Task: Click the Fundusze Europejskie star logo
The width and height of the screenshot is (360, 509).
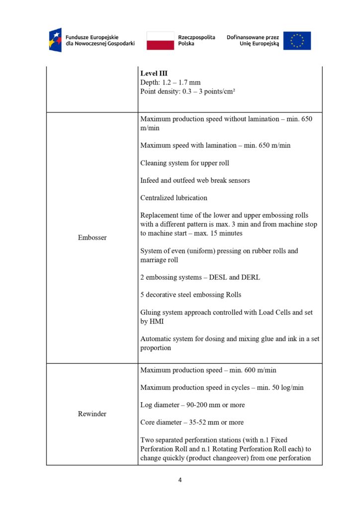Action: click(55, 40)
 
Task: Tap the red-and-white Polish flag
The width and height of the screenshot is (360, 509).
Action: click(160, 40)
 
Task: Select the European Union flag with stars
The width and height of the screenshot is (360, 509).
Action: click(297, 41)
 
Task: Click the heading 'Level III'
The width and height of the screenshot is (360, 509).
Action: click(154, 74)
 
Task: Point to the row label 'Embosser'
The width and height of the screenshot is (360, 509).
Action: click(92, 238)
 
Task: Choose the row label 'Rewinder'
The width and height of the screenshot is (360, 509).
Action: click(92, 414)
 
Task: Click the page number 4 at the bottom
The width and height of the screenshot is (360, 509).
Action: click(180, 480)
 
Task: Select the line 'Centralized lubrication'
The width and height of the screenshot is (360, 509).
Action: click(174, 197)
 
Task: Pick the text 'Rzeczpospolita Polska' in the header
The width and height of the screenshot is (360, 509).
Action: click(196, 40)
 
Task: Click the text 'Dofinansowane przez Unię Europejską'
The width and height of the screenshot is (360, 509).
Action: click(253, 40)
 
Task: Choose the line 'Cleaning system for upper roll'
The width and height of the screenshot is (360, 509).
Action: click(184, 163)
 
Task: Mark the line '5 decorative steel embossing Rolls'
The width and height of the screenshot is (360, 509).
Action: click(190, 295)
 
